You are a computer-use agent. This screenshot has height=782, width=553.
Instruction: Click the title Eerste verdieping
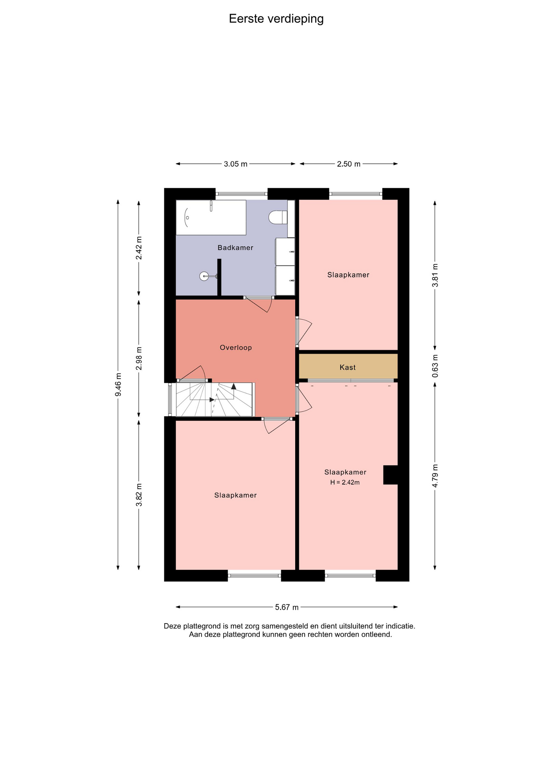click(276, 19)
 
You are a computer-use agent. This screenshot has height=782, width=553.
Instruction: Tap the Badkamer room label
click(235, 248)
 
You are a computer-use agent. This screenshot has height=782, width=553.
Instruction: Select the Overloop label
click(236, 347)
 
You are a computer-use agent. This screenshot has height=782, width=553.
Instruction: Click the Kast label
click(348, 367)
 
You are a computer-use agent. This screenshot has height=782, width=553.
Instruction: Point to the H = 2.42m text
click(345, 482)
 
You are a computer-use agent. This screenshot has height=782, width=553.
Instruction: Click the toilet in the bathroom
click(278, 217)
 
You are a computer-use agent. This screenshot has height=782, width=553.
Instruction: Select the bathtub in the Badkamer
click(211, 217)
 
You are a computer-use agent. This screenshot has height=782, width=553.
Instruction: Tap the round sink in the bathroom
click(204, 276)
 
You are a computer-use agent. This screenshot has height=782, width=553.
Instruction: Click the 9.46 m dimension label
click(118, 384)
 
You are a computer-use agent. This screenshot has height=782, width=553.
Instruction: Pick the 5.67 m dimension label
click(287, 607)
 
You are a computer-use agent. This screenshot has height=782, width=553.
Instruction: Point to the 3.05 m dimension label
click(235, 164)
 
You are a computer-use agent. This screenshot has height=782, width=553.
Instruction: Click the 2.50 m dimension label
click(349, 164)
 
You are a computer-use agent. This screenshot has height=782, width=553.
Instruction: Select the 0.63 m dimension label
click(435, 366)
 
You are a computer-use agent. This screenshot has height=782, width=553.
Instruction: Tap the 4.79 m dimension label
click(435, 476)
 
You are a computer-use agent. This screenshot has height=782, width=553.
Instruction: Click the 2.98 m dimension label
click(139, 358)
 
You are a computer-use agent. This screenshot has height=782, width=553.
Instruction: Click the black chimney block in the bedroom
click(391, 475)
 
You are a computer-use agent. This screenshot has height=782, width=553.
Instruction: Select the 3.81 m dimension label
click(435, 275)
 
